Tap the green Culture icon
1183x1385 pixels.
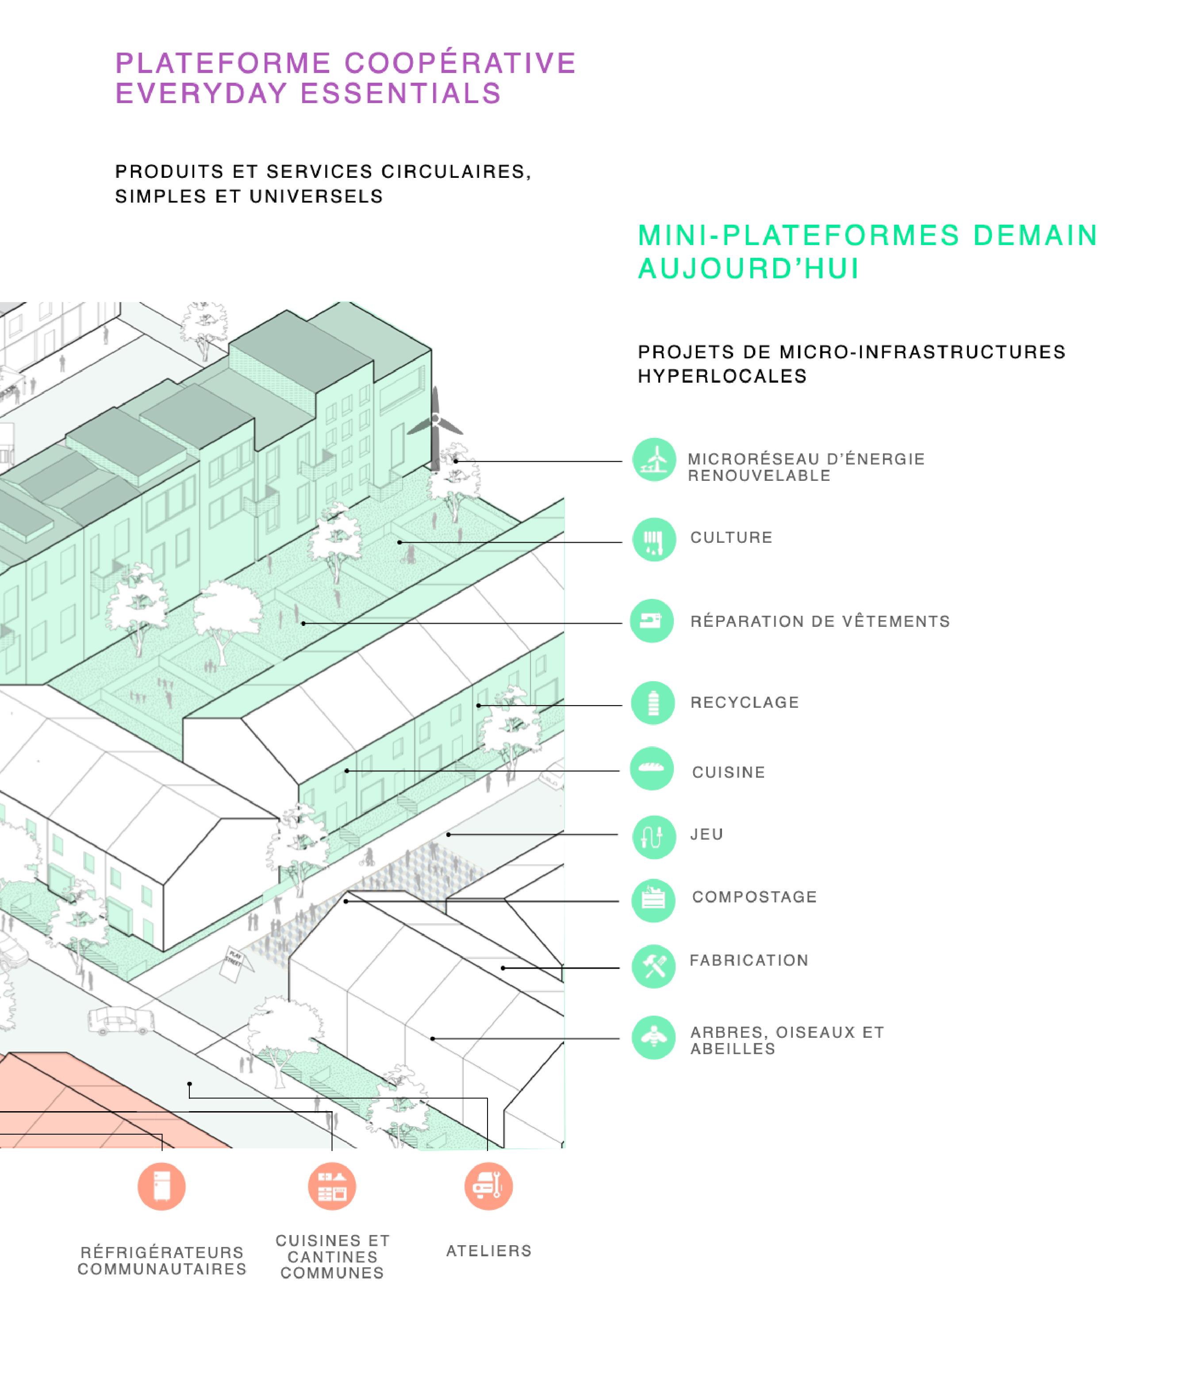click(x=653, y=539)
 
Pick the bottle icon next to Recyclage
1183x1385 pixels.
click(x=653, y=702)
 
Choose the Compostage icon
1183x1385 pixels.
click(x=653, y=900)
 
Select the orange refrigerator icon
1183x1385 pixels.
click(x=161, y=1186)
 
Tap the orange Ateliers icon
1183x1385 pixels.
click(x=488, y=1186)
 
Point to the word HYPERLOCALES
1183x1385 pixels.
click(x=722, y=376)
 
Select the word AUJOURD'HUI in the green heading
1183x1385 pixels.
click(x=748, y=269)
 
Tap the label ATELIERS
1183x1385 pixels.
click(x=488, y=1251)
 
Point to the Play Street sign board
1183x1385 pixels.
click(x=235, y=963)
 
